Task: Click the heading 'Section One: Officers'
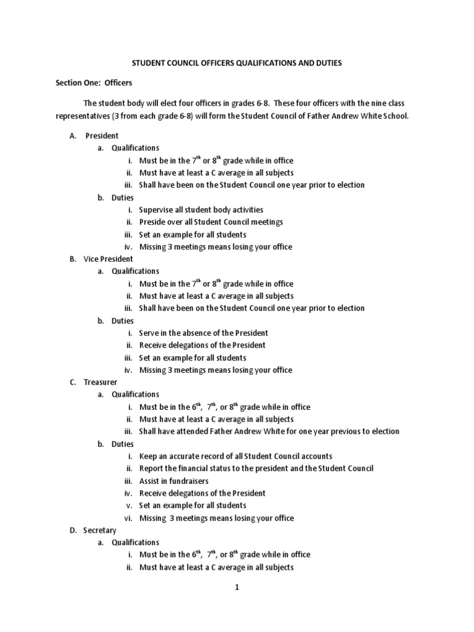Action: click(94, 82)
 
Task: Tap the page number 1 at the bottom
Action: click(236, 588)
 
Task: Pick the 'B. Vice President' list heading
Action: click(101, 259)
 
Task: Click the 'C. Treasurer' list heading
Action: click(96, 383)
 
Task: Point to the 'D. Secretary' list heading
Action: click(96, 530)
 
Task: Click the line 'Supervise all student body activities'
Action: click(201, 210)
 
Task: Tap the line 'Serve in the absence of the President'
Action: click(202, 333)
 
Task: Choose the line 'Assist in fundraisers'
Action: click(173, 481)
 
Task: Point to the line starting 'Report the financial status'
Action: click(256, 468)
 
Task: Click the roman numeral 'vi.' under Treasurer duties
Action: click(128, 518)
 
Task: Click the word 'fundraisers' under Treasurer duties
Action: click(188, 481)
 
